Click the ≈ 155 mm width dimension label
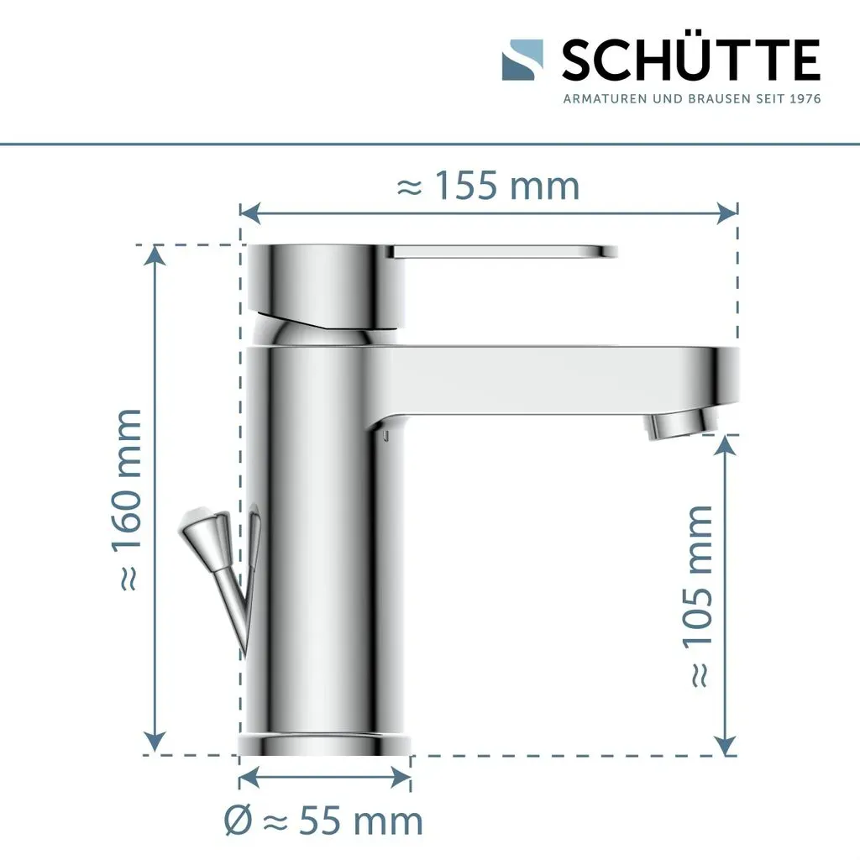[x=488, y=186]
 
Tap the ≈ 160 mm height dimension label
[x=128, y=500]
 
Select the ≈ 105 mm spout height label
[x=699, y=596]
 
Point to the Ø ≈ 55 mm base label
[x=323, y=821]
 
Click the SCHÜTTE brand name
[x=691, y=59]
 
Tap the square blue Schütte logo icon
[x=522, y=60]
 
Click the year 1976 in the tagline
[x=805, y=99]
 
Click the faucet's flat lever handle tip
[x=609, y=252]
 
